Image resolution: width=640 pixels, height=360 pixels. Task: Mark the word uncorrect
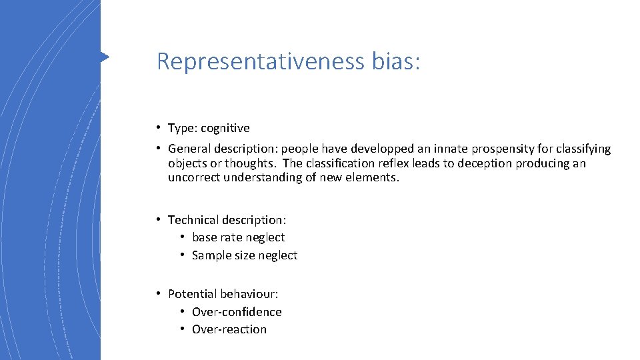pos(194,177)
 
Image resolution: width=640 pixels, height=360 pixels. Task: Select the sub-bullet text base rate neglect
pos(238,237)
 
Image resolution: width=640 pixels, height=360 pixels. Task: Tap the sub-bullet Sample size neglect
pos(245,255)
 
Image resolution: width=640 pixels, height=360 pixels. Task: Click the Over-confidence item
pos(237,312)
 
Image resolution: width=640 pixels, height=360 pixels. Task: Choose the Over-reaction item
pos(229,329)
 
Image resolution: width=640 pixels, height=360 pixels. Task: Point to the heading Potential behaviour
pos(223,294)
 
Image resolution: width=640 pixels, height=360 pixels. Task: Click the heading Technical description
pos(227,220)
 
